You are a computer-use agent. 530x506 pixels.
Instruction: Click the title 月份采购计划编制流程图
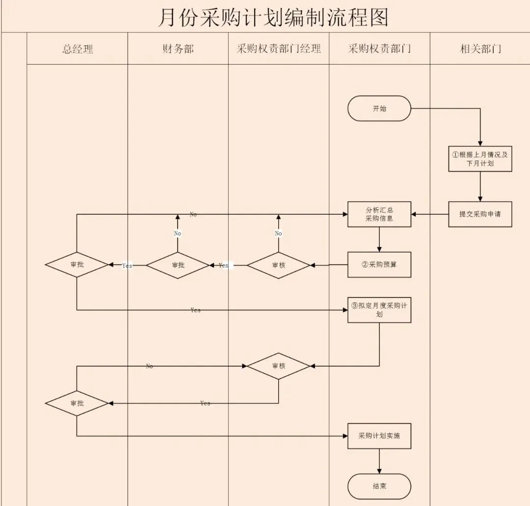coord(273,17)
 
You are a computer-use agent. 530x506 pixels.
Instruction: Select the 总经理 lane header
coord(78,49)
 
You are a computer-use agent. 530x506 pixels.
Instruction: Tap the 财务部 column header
coord(178,49)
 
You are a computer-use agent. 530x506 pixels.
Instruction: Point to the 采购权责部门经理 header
coord(278,49)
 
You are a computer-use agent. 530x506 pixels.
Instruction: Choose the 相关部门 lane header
coord(480,49)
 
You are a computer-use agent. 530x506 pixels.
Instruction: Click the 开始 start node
coord(379,108)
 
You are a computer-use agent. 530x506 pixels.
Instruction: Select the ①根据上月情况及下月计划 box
coord(480,158)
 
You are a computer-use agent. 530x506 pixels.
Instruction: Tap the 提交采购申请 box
coord(480,214)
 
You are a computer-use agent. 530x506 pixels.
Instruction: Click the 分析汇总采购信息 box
coord(379,214)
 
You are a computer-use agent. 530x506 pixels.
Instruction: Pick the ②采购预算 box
coord(379,265)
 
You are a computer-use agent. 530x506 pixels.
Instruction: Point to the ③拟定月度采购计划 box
coord(379,310)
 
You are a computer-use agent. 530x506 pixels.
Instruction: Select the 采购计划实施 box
coord(379,435)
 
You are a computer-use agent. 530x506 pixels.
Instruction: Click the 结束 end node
coord(379,486)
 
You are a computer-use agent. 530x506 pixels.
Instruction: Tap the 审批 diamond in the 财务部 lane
coord(178,265)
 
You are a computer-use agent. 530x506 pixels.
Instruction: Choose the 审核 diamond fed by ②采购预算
coord(278,265)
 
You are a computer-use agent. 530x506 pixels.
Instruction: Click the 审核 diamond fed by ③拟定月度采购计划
coord(278,366)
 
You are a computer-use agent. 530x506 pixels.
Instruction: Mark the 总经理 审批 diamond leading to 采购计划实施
coord(77,403)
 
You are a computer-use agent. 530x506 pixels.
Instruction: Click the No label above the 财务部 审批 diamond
coord(178,233)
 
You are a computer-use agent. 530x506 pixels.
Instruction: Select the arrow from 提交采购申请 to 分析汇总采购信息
coord(430,214)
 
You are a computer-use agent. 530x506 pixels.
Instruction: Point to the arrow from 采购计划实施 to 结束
coord(379,461)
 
